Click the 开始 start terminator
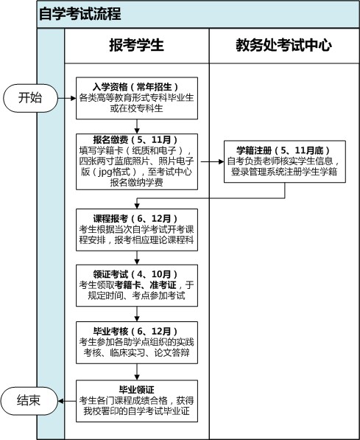(30, 98)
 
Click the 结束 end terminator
(29, 401)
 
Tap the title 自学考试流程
(80, 14)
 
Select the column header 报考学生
(136, 45)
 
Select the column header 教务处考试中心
(283, 45)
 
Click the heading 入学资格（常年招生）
(137, 87)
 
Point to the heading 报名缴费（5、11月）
(137, 140)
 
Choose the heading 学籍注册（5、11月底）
(284, 150)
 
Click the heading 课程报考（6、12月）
(137, 219)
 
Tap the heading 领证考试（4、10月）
(137, 274)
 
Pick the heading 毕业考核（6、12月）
(137, 332)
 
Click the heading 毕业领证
(137, 390)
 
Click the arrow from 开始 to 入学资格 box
(67, 98)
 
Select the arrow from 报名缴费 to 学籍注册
(212, 162)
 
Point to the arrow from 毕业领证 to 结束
(67, 401)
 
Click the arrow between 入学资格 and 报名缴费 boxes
(137, 126)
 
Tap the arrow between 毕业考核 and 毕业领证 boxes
(137, 371)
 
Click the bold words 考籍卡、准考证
(146, 285)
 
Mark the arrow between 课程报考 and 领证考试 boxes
(137, 258)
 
